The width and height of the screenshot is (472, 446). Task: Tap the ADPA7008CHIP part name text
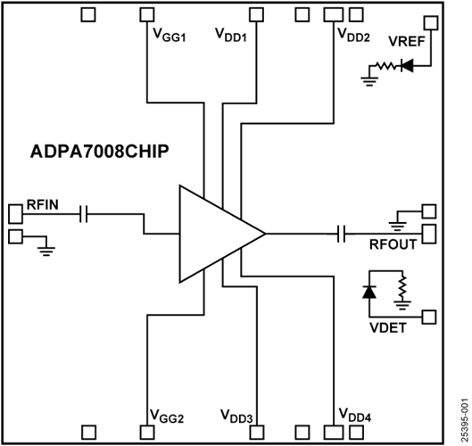click(x=94, y=152)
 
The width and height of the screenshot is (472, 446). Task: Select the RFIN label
click(x=43, y=206)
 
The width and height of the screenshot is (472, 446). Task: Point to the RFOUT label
click(x=393, y=245)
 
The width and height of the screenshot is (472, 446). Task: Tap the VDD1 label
click(x=232, y=36)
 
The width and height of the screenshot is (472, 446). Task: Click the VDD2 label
click(x=354, y=36)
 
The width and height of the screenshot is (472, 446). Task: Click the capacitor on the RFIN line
click(x=82, y=214)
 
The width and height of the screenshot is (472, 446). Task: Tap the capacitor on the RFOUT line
click(x=340, y=235)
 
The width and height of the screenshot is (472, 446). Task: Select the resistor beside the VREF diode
click(x=385, y=66)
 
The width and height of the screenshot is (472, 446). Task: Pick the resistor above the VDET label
click(x=402, y=288)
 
